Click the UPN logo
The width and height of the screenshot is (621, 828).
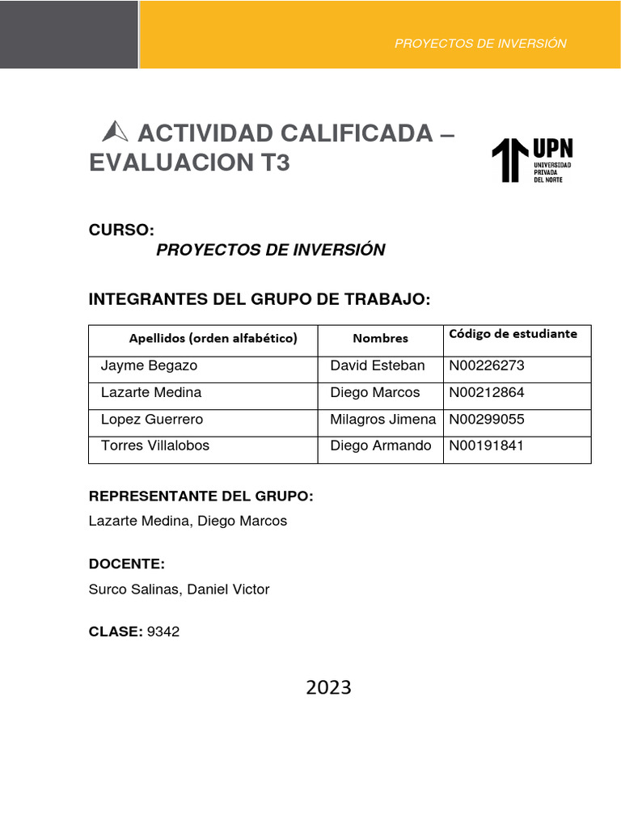pyautogui.click(x=532, y=160)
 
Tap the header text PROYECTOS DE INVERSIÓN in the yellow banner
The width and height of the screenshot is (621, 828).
pyautogui.click(x=480, y=44)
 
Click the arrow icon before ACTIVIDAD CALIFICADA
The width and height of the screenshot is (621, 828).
pyautogui.click(x=116, y=130)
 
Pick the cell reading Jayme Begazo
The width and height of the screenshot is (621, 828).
pyautogui.click(x=149, y=365)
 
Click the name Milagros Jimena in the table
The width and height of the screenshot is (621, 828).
pyautogui.click(x=382, y=420)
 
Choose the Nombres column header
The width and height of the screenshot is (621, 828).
pyautogui.click(x=380, y=338)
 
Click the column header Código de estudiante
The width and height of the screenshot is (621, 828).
pyautogui.click(x=513, y=333)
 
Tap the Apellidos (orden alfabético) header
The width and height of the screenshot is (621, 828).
pyautogui.click(x=213, y=338)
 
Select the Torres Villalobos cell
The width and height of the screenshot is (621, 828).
pyautogui.click(x=155, y=446)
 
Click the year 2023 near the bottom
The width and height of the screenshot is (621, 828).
pyautogui.click(x=328, y=687)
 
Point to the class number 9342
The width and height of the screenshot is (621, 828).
pyautogui.click(x=163, y=632)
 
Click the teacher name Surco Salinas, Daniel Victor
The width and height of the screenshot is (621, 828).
pyautogui.click(x=179, y=589)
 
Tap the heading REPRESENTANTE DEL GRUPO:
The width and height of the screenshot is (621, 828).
pyautogui.click(x=201, y=496)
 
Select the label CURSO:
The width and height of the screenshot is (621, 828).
pyautogui.click(x=121, y=230)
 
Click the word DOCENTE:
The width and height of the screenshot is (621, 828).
pyautogui.click(x=127, y=564)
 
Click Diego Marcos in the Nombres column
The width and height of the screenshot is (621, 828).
pyautogui.click(x=375, y=392)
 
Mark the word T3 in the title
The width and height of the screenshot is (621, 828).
pyautogui.click(x=274, y=163)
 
